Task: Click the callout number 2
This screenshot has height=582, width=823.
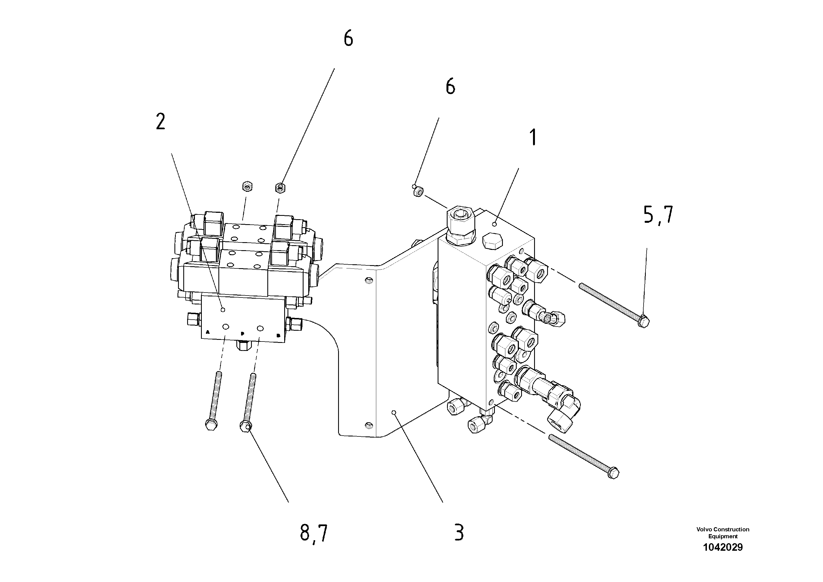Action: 161,122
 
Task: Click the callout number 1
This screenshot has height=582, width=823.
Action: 533,138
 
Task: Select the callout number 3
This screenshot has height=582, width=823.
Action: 459,533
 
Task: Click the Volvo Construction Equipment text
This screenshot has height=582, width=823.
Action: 723,532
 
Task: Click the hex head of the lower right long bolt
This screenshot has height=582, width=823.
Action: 614,473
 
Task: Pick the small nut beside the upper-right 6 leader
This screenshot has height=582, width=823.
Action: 418,192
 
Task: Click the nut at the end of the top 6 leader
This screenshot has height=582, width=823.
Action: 280,187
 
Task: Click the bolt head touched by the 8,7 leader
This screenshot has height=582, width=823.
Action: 245,426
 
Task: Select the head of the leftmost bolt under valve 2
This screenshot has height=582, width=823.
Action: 211,425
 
